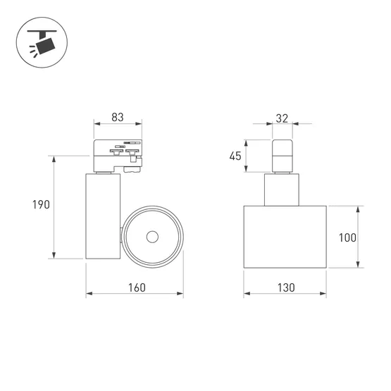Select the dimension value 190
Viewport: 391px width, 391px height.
click(40, 205)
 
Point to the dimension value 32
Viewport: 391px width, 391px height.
click(282, 118)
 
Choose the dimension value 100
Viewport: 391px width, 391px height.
click(347, 237)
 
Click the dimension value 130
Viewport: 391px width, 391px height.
click(285, 287)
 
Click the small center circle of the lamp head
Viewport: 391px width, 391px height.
click(151, 237)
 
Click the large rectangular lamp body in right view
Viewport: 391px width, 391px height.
click(285, 237)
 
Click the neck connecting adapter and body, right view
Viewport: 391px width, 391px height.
click(282, 189)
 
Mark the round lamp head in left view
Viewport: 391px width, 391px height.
click(151, 237)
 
